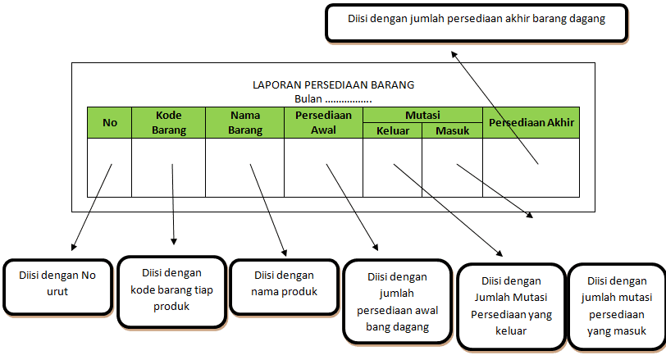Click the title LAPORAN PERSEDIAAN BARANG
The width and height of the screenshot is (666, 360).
[334, 84]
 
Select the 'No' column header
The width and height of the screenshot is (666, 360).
[110, 123]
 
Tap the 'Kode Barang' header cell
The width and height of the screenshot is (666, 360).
[168, 122]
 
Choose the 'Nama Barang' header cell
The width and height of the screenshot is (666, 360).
[244, 122]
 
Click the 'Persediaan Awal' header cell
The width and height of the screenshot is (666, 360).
[323, 122]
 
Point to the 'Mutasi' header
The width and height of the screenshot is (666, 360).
[422, 116]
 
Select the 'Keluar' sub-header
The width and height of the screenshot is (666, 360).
[392, 130]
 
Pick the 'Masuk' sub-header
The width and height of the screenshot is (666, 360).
[452, 130]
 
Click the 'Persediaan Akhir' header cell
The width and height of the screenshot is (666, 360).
[531, 123]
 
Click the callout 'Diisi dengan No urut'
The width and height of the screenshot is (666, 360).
[57, 283]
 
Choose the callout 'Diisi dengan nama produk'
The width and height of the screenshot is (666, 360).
[285, 283]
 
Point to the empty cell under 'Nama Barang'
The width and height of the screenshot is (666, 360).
[244, 168]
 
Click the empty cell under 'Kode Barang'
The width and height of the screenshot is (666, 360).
[168, 168]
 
